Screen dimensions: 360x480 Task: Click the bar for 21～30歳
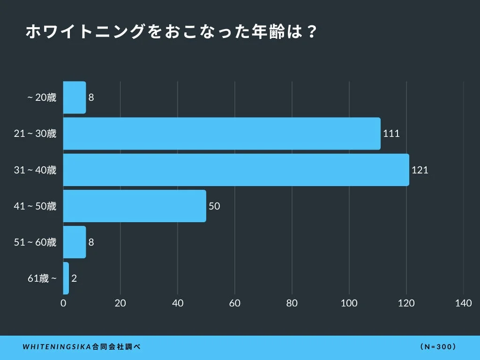tap(222, 134)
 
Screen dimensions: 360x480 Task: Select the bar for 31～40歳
tap(236, 170)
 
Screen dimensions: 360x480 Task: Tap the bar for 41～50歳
tap(135, 206)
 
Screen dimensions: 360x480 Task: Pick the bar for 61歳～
tap(66, 278)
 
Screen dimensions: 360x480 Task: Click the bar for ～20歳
tap(75, 97)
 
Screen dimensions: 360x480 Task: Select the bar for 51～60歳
tap(75, 242)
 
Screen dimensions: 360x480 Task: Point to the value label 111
tap(391, 134)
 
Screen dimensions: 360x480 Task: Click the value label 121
tap(420, 170)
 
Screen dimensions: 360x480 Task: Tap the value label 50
tap(214, 206)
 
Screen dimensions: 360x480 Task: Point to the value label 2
tap(74, 278)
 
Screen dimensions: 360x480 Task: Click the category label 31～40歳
tap(35, 170)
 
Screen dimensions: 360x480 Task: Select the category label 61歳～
tap(42, 278)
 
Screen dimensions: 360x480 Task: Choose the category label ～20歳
tap(42, 97)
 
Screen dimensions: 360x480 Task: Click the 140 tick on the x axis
tap(463, 303)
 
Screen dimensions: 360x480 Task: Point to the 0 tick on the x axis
tap(63, 303)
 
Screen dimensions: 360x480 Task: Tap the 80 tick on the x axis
tap(292, 303)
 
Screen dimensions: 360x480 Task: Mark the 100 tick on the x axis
tap(349, 303)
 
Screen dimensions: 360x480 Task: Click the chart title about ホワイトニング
tap(172, 32)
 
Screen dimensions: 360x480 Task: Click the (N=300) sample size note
tap(438, 347)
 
